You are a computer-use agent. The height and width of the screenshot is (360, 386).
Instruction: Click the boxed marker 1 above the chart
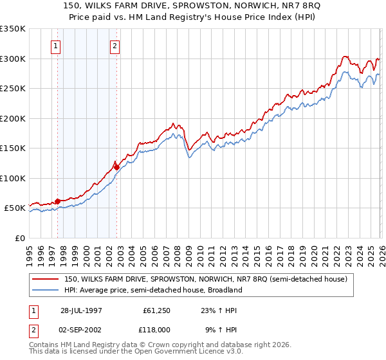pyautogui.click(x=57, y=46)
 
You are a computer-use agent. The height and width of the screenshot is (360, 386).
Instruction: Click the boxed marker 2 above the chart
pyautogui.click(x=115, y=46)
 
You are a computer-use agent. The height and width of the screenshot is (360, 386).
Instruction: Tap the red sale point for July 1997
pyautogui.click(x=57, y=201)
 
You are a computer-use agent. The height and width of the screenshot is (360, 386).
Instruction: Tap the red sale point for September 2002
pyautogui.click(x=116, y=167)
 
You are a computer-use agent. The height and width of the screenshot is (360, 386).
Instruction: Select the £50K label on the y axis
pyautogui.click(x=15, y=208)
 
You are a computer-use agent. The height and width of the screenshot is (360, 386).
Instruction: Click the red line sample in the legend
pyautogui.click(x=46, y=280)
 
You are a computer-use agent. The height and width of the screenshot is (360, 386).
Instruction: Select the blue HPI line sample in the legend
pyautogui.click(x=46, y=291)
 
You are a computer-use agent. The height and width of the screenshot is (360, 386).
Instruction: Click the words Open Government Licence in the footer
pyautogui.click(x=178, y=352)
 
